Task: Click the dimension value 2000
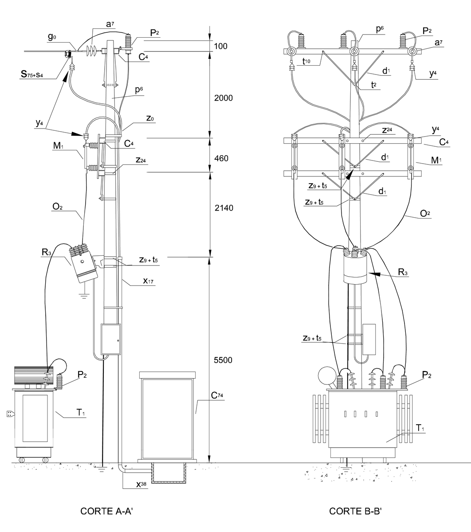(223, 98)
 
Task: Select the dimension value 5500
(223, 360)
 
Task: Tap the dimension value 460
(221, 158)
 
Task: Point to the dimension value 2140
(224, 208)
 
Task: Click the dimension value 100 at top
(220, 46)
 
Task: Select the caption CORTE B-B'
(355, 511)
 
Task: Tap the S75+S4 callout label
(32, 74)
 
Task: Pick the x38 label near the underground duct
(141, 484)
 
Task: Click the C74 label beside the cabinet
(217, 395)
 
